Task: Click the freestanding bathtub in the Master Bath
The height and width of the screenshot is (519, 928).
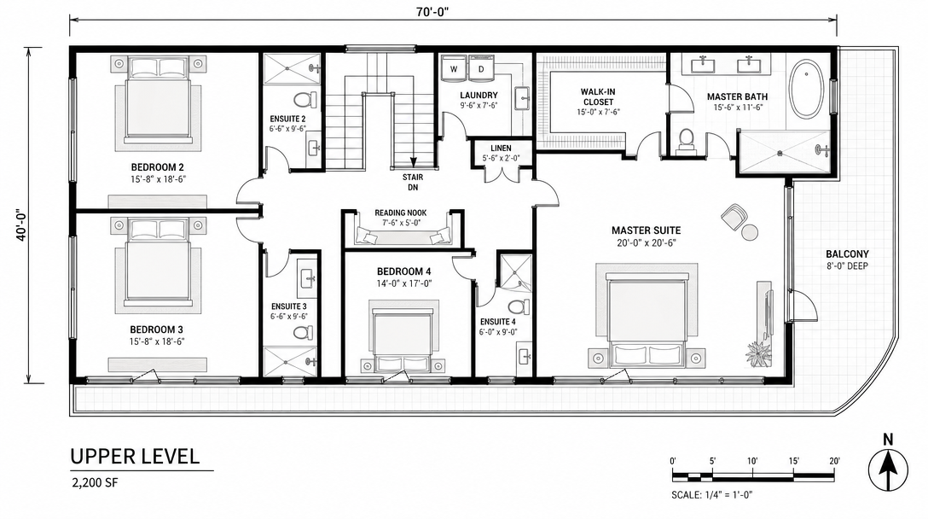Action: click(x=806, y=89)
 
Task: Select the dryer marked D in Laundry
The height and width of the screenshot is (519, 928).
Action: click(x=481, y=68)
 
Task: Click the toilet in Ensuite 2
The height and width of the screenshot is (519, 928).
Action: click(x=305, y=99)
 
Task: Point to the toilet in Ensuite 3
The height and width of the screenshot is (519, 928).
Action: click(x=303, y=332)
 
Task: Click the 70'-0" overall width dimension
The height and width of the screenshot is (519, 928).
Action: click(x=432, y=13)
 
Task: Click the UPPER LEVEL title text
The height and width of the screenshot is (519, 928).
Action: click(x=135, y=456)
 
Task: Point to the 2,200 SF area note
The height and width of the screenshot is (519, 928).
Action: click(x=95, y=482)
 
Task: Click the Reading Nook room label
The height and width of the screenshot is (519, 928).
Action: click(x=401, y=213)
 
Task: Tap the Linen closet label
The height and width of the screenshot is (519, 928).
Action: click(x=501, y=149)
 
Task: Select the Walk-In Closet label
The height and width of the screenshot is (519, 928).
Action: click(x=598, y=96)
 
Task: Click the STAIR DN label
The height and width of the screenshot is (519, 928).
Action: click(x=413, y=182)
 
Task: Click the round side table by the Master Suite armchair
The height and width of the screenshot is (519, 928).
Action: click(x=750, y=233)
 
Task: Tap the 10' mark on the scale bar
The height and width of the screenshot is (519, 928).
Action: click(x=753, y=461)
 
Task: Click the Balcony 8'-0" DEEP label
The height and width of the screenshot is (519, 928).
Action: click(x=848, y=260)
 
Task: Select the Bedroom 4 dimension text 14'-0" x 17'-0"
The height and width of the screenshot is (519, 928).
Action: click(x=404, y=283)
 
